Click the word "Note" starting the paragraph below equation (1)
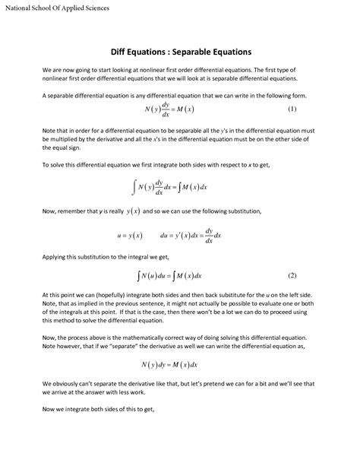pos(49,131)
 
